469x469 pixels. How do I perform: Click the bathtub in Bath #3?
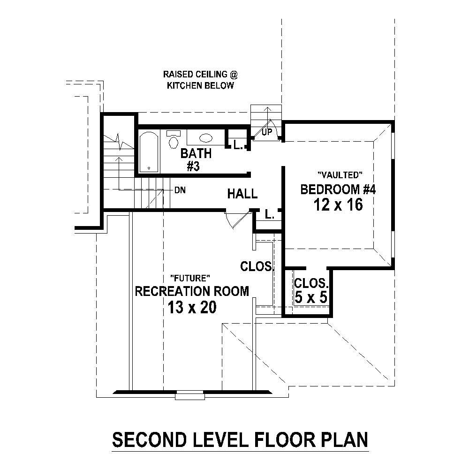click(x=149, y=151)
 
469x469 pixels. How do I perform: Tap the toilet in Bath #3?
click(x=174, y=139)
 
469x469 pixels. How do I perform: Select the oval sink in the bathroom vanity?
click(x=206, y=138)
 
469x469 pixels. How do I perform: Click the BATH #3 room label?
click(x=196, y=159)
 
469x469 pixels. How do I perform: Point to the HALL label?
click(x=242, y=193)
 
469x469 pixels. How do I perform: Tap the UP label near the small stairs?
click(x=267, y=132)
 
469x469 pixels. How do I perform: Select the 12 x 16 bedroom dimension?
click(x=340, y=204)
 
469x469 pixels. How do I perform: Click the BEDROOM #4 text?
click(x=339, y=189)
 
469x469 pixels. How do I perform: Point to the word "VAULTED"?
click(x=340, y=175)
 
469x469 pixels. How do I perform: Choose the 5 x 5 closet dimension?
click(x=310, y=298)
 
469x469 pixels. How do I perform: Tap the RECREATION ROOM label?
click(x=192, y=291)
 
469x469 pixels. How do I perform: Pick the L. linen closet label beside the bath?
click(x=238, y=145)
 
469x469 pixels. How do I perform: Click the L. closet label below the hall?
click(x=269, y=215)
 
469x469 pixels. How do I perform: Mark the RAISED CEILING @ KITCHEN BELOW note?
click(x=198, y=80)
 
